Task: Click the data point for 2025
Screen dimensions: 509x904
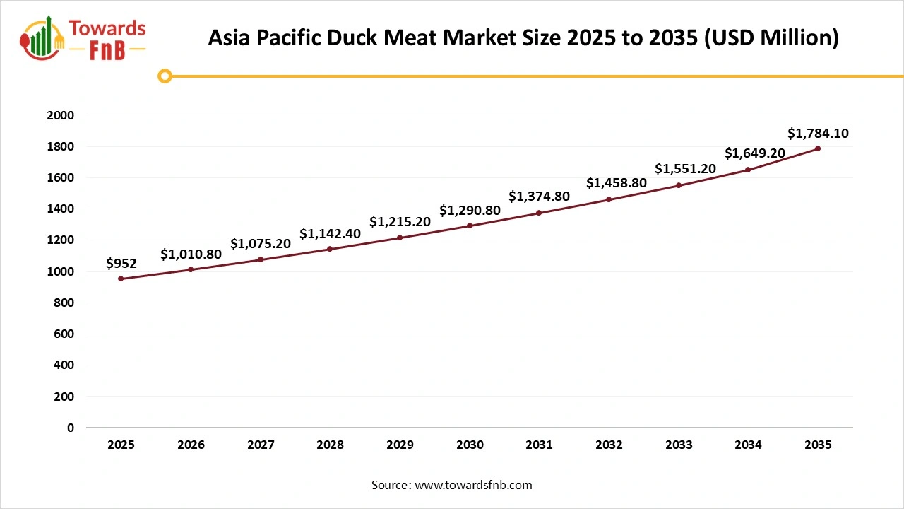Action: coord(121,279)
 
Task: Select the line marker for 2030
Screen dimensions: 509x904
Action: coord(470,226)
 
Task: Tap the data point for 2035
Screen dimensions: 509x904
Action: coord(818,148)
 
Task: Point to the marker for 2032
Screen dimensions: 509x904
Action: coord(609,199)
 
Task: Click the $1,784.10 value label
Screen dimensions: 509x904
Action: coord(818,133)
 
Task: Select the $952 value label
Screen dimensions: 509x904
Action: coord(121,264)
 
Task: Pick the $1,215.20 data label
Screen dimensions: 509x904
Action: coord(400,222)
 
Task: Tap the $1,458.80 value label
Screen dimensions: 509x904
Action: coord(616,183)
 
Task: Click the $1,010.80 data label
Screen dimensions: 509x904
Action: coord(191,254)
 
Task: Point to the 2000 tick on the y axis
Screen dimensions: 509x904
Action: coord(60,115)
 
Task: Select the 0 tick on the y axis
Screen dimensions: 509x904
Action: coord(71,428)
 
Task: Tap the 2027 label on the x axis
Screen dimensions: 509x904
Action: coord(261,445)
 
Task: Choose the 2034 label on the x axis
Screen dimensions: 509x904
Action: coord(748,445)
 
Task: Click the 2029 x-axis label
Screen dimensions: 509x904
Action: coord(400,445)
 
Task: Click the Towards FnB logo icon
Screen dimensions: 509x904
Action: coord(43,37)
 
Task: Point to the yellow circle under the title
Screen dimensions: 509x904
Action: coord(165,76)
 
